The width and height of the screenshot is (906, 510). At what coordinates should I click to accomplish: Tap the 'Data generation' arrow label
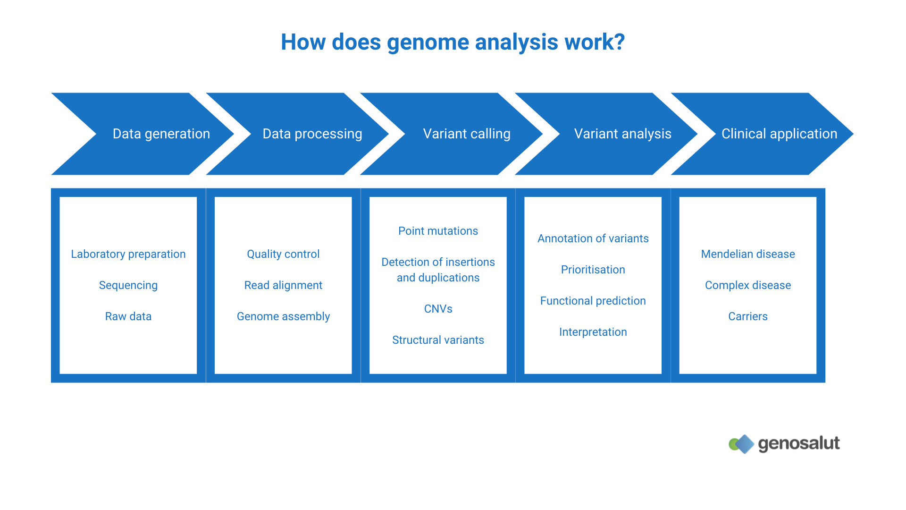click(x=161, y=134)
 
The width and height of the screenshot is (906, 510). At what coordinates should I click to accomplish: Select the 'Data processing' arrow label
click(x=312, y=134)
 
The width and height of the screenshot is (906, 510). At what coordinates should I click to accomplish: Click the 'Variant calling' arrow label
click(x=466, y=134)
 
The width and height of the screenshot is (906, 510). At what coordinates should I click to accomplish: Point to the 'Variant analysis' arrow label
click(x=622, y=134)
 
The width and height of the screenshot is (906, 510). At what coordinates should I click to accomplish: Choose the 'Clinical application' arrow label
click(x=779, y=134)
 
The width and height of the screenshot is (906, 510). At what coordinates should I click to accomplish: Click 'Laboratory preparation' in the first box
click(x=128, y=254)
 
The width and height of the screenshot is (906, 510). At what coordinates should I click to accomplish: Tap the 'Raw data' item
click(x=128, y=316)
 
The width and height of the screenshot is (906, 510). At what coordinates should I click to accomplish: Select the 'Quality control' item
click(x=283, y=254)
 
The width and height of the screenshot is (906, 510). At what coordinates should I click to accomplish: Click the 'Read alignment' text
click(x=283, y=285)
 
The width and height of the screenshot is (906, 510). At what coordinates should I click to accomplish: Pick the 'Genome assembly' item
click(x=283, y=316)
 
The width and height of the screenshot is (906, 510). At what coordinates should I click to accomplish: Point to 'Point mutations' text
click(x=438, y=231)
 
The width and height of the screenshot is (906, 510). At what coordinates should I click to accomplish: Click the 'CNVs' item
click(x=438, y=309)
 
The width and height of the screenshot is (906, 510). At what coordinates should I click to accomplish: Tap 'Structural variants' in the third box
click(x=438, y=340)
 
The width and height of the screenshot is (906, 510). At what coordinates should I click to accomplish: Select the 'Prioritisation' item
click(x=593, y=270)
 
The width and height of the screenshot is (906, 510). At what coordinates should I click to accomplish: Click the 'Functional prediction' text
click(x=593, y=301)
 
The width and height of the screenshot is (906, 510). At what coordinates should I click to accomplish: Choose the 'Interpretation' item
click(x=593, y=332)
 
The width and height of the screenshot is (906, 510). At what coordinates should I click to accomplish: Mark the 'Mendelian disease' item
click(x=748, y=254)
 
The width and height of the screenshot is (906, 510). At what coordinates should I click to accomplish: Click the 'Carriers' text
click(x=748, y=316)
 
